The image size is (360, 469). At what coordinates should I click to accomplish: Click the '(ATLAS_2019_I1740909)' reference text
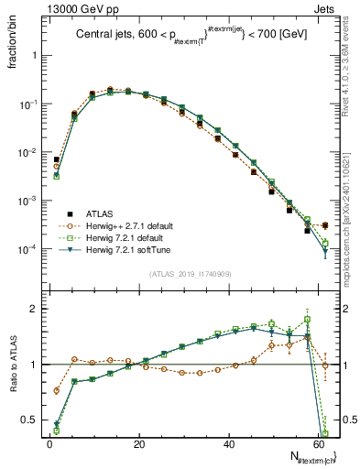[188, 273]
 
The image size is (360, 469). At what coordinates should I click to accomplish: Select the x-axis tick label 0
[49, 442]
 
